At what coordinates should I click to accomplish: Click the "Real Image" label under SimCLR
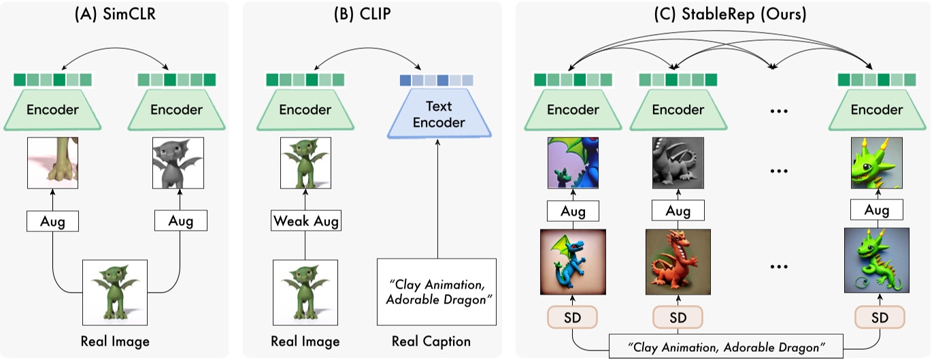[115, 341]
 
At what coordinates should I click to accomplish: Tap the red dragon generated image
[678, 261]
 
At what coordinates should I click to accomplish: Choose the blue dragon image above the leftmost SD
[573, 261]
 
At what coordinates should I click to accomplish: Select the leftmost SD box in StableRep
[573, 318]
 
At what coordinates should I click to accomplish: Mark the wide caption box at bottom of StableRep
[725, 346]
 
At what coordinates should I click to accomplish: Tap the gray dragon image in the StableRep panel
[678, 163]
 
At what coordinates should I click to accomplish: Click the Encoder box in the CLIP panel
[305, 110]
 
